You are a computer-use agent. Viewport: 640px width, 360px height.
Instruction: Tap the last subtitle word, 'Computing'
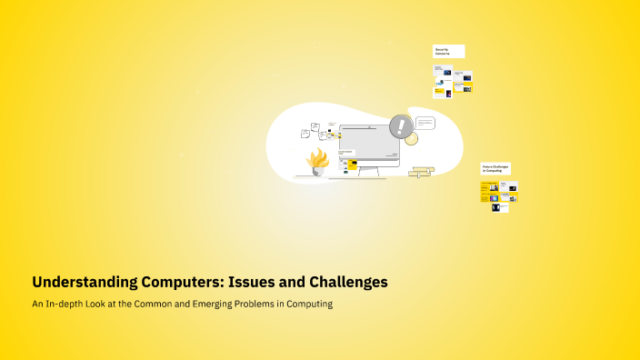pos(310,305)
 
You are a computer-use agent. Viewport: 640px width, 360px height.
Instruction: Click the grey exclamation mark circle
pos(400,126)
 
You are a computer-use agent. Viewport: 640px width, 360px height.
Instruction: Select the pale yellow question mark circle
pos(411,138)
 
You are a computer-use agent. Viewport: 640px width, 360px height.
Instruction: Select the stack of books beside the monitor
pos(421,171)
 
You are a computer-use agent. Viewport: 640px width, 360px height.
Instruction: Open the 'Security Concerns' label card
pos(448,51)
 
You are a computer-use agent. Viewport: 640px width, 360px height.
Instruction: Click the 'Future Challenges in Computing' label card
pos(495,169)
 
